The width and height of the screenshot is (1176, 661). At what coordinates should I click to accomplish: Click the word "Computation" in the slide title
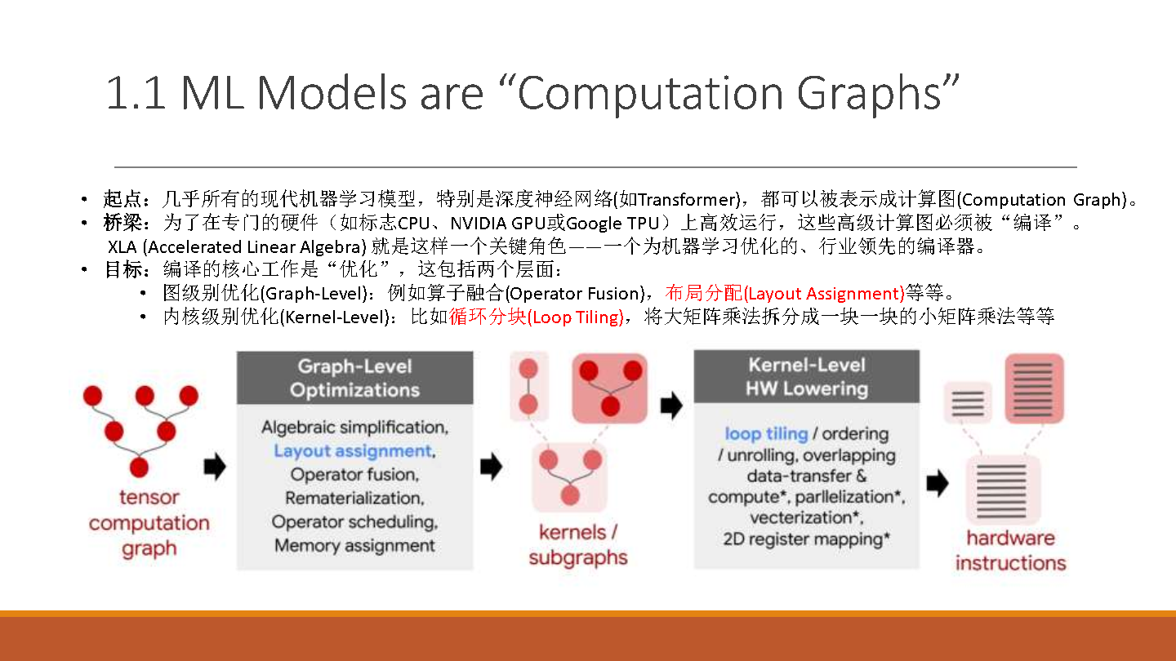(650, 94)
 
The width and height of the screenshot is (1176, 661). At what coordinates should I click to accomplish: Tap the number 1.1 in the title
(136, 93)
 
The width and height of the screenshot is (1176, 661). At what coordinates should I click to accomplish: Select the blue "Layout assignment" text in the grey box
(354, 451)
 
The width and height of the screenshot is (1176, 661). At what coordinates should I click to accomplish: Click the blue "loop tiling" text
(766, 434)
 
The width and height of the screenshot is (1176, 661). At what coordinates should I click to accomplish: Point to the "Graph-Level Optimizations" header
(355, 378)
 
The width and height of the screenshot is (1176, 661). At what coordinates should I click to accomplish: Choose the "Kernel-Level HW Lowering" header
(807, 376)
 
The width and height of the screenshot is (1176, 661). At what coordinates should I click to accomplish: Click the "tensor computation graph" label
(149, 523)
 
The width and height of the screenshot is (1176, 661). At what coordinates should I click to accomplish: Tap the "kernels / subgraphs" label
(578, 545)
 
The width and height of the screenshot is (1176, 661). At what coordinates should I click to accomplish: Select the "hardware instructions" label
(1011, 550)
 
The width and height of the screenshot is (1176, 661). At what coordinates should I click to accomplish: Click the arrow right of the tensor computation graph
(215, 466)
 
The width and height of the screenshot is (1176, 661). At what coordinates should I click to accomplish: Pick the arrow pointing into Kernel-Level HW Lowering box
(671, 406)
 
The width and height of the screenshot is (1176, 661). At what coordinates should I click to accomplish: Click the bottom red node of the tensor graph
(139, 467)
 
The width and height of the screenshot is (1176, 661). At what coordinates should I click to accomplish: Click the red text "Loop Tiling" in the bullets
(575, 317)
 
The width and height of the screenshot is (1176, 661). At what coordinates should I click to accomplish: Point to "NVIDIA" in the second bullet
(479, 224)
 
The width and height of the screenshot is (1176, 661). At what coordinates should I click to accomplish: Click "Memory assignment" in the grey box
(354, 546)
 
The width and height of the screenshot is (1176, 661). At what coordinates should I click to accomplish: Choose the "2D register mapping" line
(806, 539)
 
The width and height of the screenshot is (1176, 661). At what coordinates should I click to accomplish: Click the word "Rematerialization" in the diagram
(354, 498)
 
